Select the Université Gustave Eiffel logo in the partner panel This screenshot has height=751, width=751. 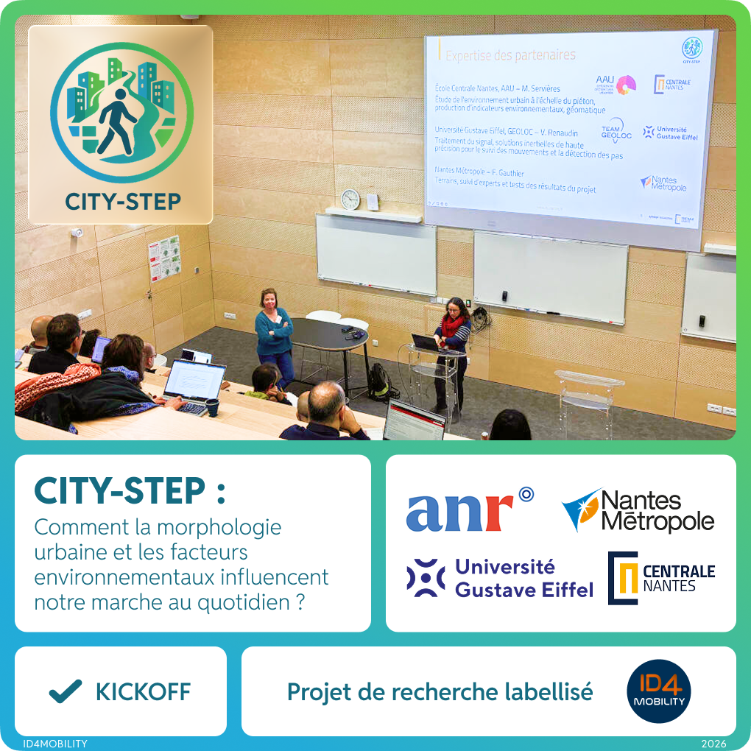(500, 578)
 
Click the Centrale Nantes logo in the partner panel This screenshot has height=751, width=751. (661, 578)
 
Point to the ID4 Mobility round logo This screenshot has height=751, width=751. (659, 691)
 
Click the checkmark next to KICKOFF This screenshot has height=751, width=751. (65, 691)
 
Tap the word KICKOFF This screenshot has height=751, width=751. (143, 692)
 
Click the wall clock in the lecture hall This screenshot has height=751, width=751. (350, 199)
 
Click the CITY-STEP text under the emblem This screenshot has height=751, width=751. (122, 202)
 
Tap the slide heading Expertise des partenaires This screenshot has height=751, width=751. (510, 54)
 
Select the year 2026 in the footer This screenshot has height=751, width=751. (713, 744)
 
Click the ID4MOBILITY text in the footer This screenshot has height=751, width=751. (55, 744)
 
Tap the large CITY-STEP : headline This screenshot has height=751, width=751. (130, 492)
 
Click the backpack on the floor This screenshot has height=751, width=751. (378, 382)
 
